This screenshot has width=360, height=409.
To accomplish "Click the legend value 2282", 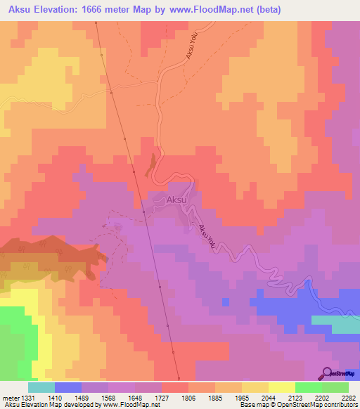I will coord(349,397).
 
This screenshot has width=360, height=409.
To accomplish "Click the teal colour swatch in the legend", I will coord(41,387).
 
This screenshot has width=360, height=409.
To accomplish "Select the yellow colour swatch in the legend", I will coord(281,387).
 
